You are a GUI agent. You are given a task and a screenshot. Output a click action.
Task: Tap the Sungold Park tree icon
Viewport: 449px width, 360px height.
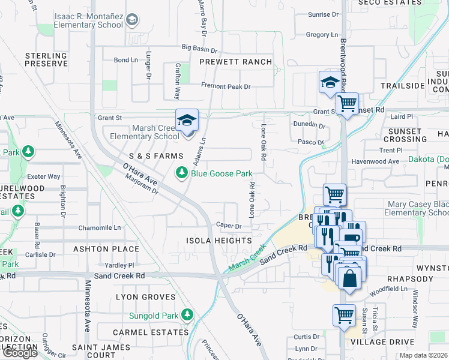click(x=188, y=314)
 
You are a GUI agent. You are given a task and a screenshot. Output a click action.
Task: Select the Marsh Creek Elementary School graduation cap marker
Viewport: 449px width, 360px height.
click(x=187, y=121)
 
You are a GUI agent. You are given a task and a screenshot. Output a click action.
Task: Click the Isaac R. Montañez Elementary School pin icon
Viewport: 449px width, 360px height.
click(x=131, y=20)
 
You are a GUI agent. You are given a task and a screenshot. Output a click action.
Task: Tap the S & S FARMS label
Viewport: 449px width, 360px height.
click(x=155, y=156)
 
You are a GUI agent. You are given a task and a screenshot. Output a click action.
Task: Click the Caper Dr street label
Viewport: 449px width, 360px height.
click(x=229, y=227)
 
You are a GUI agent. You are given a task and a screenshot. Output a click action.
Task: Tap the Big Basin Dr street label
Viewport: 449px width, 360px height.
click(x=199, y=47)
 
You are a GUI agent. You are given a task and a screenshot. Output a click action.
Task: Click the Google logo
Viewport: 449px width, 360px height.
click(x=19, y=353)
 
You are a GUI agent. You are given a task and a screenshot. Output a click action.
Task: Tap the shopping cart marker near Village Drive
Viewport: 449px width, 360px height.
click(x=344, y=315)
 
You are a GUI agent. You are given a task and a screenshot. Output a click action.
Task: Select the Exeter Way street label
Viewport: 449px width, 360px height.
click(x=44, y=176)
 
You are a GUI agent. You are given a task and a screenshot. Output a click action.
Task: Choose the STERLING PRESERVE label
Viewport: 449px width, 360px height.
click(x=46, y=59)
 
